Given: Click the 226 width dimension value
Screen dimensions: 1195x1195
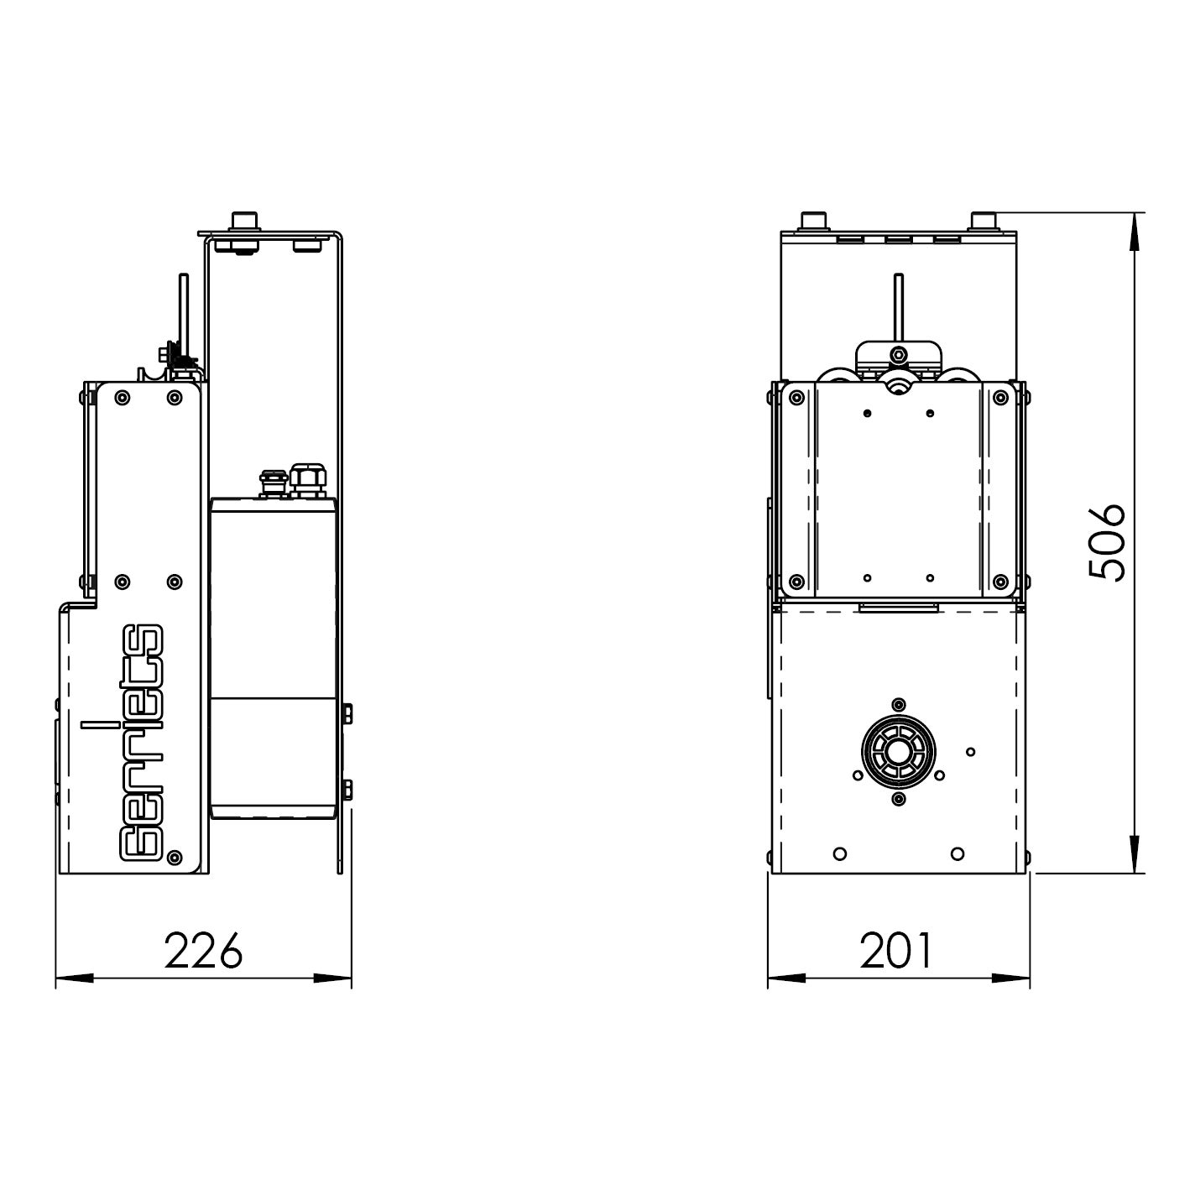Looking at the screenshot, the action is [203, 950].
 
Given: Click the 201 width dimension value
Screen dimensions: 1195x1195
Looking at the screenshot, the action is [895, 950].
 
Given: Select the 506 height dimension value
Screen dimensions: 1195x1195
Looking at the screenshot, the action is [1107, 542].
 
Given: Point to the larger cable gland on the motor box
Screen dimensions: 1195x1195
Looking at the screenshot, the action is [308, 479].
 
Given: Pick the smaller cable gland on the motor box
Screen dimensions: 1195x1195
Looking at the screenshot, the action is [273, 483].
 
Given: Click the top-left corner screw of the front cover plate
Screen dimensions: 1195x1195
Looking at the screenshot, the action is [797, 398].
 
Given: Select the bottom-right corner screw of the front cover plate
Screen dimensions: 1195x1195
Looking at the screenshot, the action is [999, 581].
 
